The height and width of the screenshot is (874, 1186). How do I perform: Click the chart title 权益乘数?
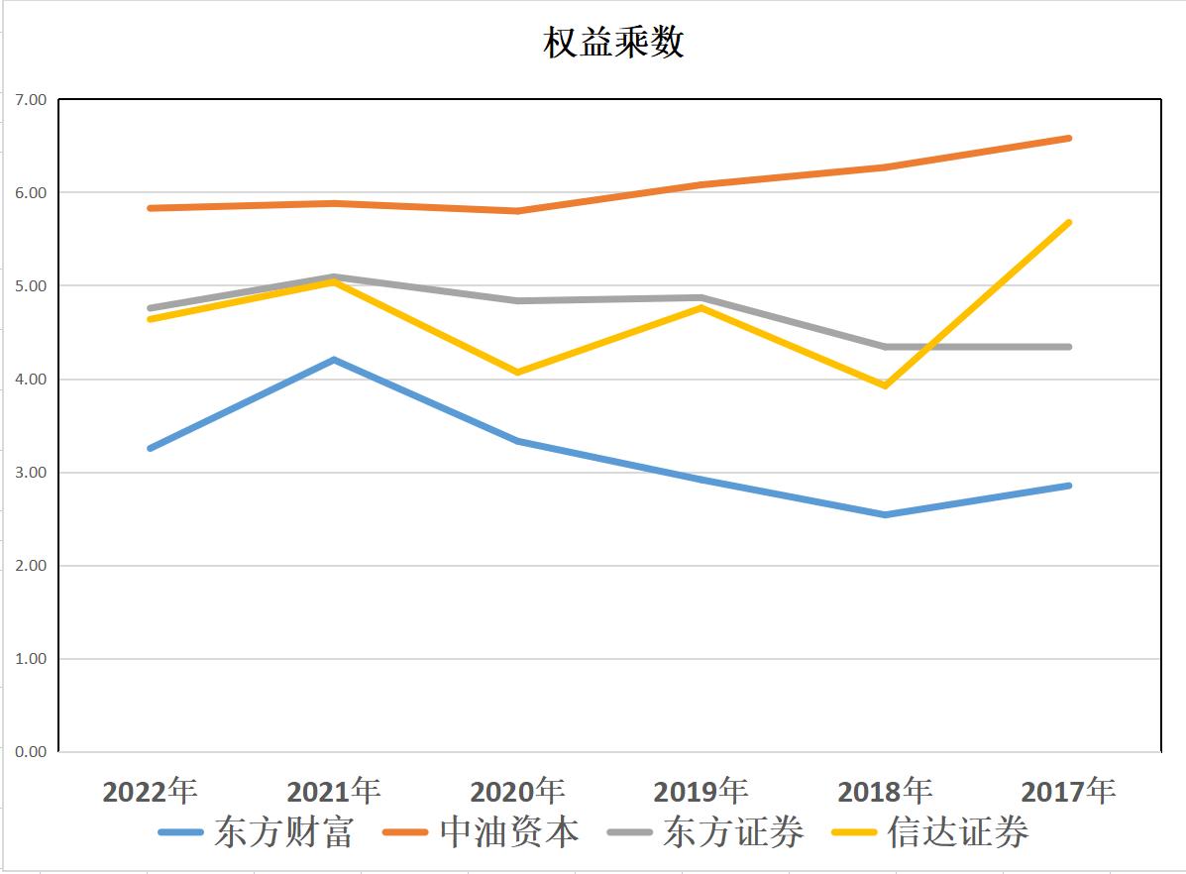[613, 43]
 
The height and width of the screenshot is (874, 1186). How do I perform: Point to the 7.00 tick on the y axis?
[31, 100]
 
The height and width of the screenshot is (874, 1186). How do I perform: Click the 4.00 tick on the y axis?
[31, 380]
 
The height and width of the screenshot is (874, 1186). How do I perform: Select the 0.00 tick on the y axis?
[31, 752]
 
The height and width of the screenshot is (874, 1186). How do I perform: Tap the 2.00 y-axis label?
[31, 566]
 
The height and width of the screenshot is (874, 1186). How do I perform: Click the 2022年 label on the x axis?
[151, 792]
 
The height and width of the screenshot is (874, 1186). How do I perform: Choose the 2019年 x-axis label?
[701, 792]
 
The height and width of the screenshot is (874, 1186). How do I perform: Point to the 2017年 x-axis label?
[1068, 792]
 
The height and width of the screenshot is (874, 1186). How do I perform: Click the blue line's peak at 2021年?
[334, 360]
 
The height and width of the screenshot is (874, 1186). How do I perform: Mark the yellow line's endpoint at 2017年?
[1068, 222]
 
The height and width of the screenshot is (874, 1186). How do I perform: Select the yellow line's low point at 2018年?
[885, 385]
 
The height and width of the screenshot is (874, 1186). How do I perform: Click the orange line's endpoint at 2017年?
[1068, 138]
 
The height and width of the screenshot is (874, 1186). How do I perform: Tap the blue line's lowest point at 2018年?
[885, 515]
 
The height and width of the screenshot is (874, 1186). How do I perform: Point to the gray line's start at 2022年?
[151, 308]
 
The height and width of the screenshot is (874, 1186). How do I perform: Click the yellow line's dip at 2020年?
[517, 373]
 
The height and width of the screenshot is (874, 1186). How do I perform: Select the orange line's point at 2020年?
[517, 211]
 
